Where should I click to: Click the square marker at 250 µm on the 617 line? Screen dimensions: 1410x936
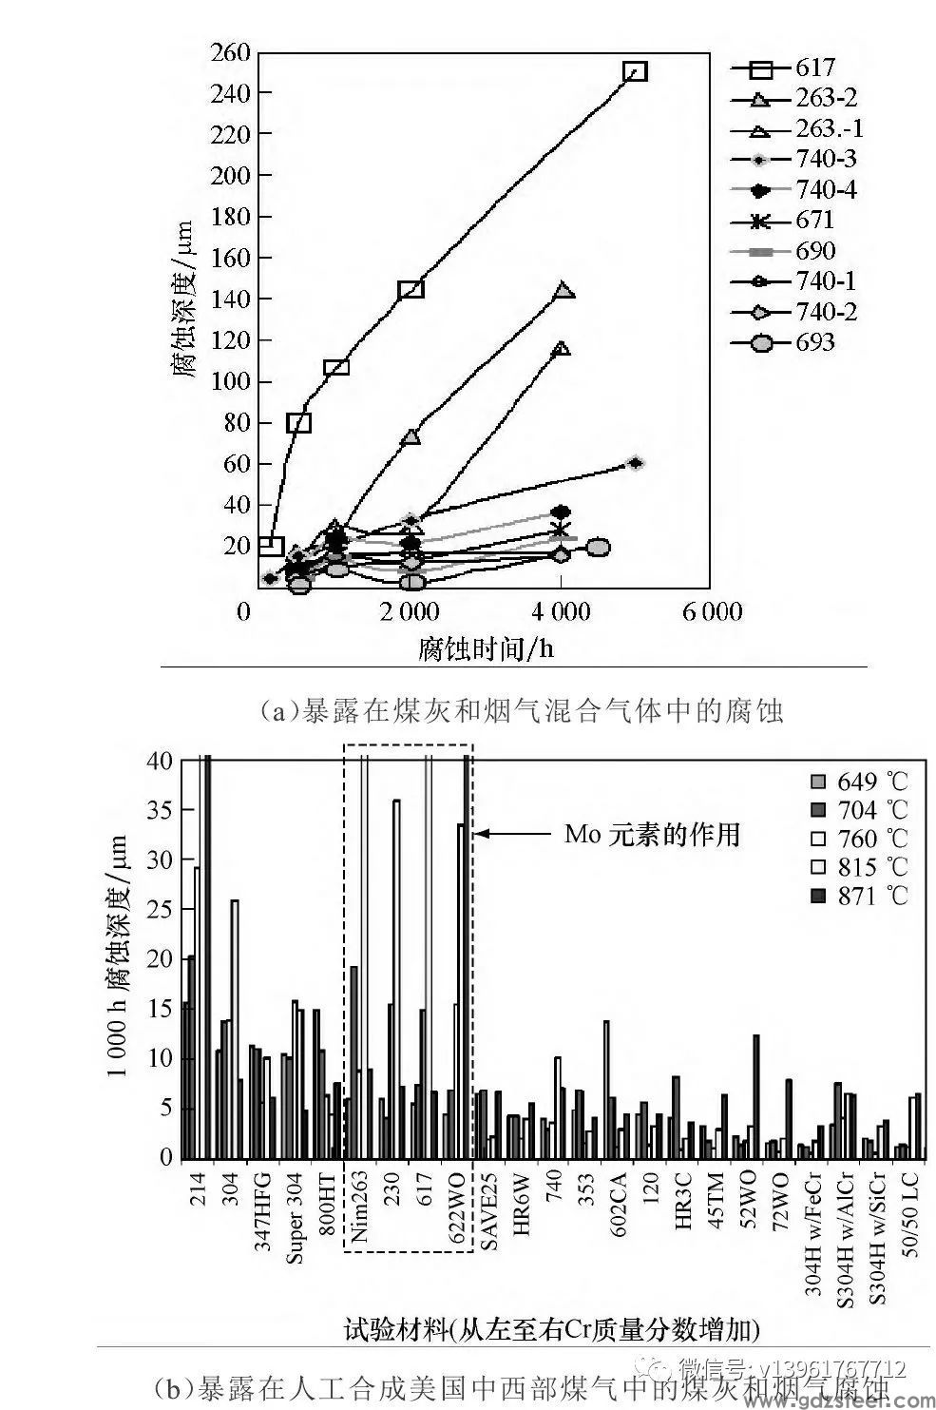click(635, 71)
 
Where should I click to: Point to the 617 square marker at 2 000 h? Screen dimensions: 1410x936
click(411, 289)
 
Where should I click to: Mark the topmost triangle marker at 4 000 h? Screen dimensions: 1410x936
click(564, 291)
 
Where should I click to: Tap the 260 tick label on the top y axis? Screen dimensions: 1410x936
click(230, 51)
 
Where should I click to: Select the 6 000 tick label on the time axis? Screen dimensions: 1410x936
click(711, 610)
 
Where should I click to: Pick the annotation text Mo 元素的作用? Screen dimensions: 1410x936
click(652, 835)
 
